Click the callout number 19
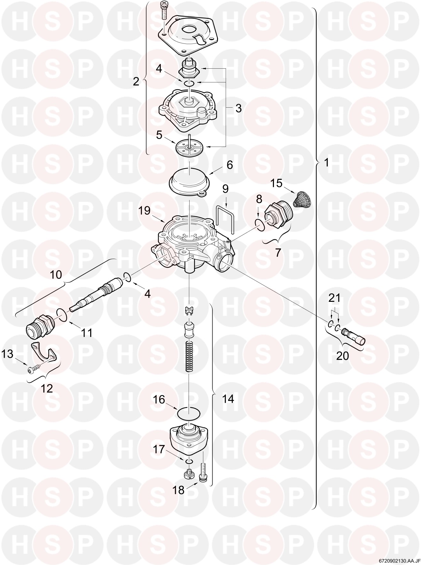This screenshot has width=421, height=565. pos(144,210)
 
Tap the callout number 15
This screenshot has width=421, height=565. pos(277,183)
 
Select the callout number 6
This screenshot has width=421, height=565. pos(230,165)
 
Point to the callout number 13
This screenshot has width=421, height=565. pos(8,354)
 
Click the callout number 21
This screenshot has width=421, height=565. pos(334,298)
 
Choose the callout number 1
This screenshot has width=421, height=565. pos(326,163)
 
